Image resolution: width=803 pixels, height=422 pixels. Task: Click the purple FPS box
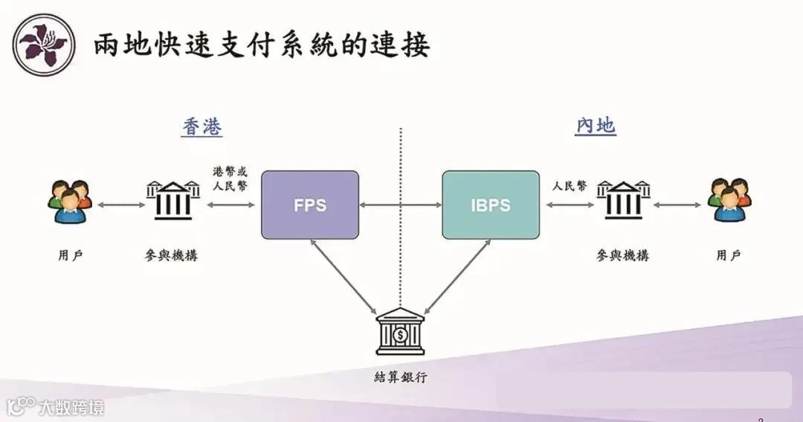(x=309, y=205)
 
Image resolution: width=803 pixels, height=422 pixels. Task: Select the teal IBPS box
(x=491, y=205)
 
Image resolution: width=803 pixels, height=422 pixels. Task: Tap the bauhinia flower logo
(x=44, y=44)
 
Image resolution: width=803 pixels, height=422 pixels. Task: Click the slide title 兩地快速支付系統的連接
(x=262, y=45)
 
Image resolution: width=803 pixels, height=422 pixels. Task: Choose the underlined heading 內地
(x=596, y=126)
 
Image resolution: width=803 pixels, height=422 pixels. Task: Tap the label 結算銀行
(x=401, y=377)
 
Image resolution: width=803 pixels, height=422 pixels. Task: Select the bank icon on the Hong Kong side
(x=172, y=199)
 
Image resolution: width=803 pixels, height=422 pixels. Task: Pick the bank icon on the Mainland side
(x=622, y=199)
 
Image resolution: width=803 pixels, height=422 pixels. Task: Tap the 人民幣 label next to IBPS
(x=569, y=186)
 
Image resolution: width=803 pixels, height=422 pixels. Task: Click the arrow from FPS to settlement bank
(x=344, y=277)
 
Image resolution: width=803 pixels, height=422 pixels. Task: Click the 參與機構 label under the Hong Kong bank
(x=172, y=255)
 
